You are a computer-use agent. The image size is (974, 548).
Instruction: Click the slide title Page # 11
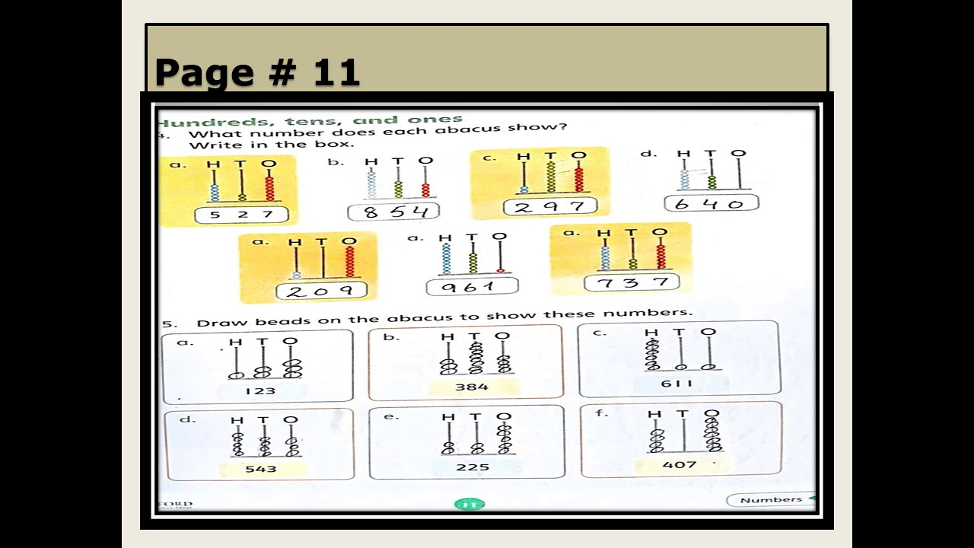pyautogui.click(x=257, y=72)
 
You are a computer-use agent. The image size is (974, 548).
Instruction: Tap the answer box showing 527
pyautogui.click(x=241, y=215)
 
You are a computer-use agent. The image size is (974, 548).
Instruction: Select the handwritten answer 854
pyautogui.click(x=393, y=212)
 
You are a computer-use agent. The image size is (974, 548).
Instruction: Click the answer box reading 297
pyautogui.click(x=549, y=206)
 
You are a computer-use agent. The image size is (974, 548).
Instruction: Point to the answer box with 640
pyautogui.click(x=711, y=203)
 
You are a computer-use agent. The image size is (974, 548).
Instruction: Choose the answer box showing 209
pyautogui.click(x=320, y=291)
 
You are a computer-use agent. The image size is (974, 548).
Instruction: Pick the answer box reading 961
pyautogui.click(x=472, y=287)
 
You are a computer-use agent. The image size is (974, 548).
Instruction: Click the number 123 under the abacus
pyautogui.click(x=260, y=391)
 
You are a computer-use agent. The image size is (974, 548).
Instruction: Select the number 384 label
pyautogui.click(x=472, y=387)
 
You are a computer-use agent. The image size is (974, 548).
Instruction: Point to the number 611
pyautogui.click(x=676, y=384)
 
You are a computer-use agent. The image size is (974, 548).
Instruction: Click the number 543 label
pyautogui.click(x=260, y=469)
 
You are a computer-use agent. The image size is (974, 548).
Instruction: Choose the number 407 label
pyautogui.click(x=680, y=464)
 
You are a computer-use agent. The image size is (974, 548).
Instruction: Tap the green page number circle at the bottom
pyautogui.click(x=469, y=504)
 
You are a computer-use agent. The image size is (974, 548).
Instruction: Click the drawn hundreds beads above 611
pyautogui.click(x=652, y=354)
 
